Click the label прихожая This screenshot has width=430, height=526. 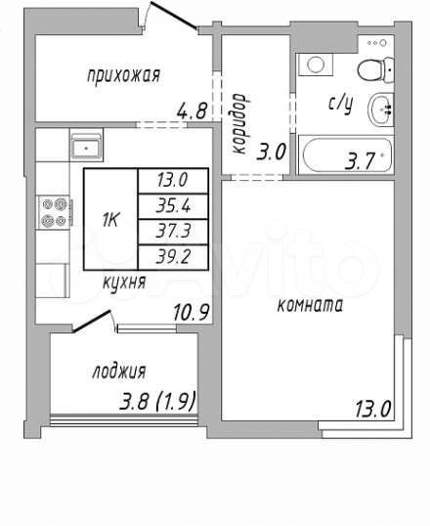coord(122,74)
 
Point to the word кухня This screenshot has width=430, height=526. coord(124,283)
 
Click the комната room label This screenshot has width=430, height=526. coord(309,305)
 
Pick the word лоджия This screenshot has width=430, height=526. coord(119,371)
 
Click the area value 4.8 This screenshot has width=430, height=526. coord(193,111)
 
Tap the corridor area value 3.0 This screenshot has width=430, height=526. coord(271,152)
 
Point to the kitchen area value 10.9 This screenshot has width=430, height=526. coord(190,313)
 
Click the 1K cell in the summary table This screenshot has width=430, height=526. coord(109,219)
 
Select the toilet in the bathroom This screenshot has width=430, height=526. coord(369,67)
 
